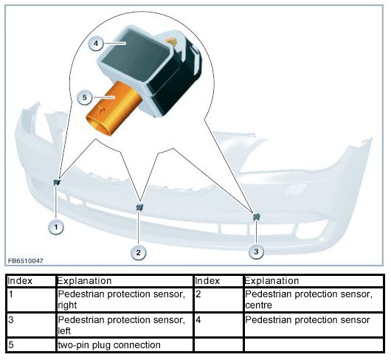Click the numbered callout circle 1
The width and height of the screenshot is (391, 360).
tap(56, 227)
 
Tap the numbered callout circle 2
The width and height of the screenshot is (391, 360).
tap(139, 252)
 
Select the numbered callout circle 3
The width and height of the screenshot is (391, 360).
tap(256, 252)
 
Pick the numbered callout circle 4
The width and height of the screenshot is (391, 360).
tap(96, 44)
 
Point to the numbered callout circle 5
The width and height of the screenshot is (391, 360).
tap(85, 97)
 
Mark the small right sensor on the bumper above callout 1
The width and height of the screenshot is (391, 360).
tap(58, 182)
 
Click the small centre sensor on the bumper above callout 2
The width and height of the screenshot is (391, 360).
tap(139, 207)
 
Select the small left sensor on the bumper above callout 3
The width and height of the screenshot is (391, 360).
tap(257, 217)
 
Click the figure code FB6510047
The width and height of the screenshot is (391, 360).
tap(25, 261)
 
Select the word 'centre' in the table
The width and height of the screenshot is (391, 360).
tap(258, 305)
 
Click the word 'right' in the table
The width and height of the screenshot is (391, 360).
tap(67, 305)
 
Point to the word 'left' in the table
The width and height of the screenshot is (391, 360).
tap(64, 330)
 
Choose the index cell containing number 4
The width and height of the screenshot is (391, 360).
tap(218, 325)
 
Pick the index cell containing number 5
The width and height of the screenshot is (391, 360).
tap(31, 345)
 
